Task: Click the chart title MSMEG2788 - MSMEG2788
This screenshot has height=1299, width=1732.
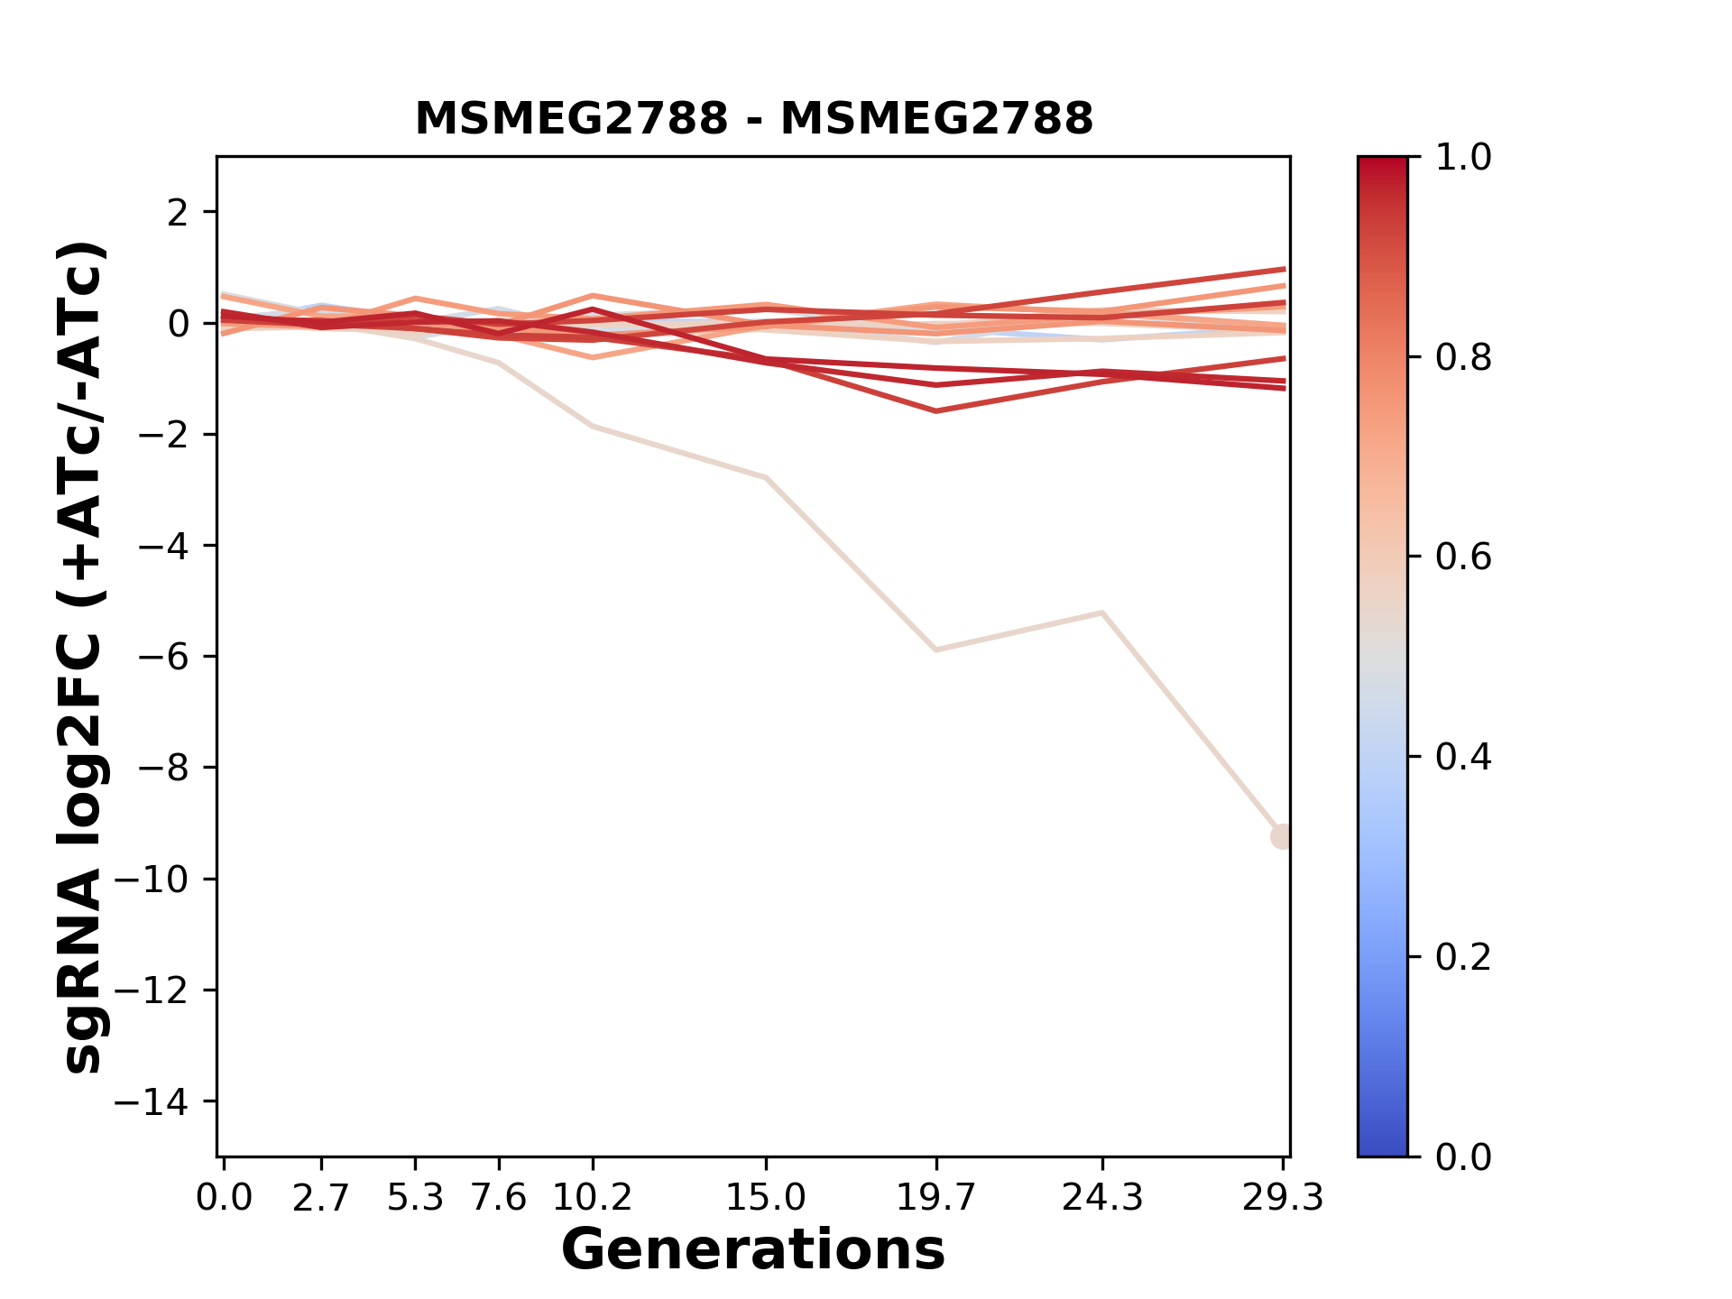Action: coord(753,118)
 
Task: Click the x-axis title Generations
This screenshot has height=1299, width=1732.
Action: coord(753,1250)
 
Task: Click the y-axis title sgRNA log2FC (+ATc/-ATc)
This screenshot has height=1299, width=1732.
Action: coord(84,657)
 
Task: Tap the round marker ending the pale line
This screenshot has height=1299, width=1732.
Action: coord(1281,836)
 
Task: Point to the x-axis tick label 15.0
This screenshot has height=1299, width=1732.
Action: coord(765,1197)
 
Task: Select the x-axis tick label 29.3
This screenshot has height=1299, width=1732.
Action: coord(1282,1197)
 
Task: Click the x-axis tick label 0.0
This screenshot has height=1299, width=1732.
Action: coord(225,1197)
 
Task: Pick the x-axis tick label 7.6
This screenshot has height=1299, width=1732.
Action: coord(498,1197)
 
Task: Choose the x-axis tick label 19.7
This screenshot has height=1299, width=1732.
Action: coord(936,1197)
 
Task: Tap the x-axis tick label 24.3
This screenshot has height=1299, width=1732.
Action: coord(1101,1197)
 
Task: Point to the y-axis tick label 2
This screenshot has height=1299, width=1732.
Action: coord(178,213)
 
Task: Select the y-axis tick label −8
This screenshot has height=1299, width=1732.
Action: coord(162,768)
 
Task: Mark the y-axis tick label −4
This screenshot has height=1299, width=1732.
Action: coord(162,546)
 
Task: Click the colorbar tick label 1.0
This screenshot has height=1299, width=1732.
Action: coord(1463,158)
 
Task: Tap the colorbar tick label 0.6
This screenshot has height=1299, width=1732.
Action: coord(1463,557)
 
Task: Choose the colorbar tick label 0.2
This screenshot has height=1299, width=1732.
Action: coord(1463,957)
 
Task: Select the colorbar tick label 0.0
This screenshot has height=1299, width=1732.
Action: coord(1463,1156)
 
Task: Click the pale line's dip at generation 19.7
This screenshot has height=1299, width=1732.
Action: coord(936,649)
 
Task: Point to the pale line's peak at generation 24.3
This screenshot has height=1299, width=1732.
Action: coord(1101,613)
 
